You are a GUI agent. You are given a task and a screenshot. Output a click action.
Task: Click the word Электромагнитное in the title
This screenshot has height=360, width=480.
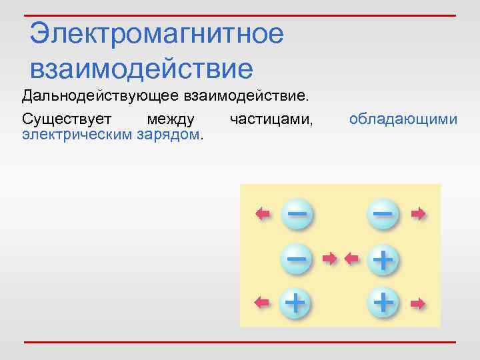pos(157,34)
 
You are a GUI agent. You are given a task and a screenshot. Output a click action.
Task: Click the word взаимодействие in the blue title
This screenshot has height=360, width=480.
pos(141,68)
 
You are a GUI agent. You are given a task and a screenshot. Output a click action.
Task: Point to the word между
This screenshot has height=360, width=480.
pos(171,119)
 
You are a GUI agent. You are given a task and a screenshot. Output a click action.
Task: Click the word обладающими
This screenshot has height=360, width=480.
pos(403,119)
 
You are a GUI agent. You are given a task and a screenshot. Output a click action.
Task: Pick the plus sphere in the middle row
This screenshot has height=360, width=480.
pos(382,258)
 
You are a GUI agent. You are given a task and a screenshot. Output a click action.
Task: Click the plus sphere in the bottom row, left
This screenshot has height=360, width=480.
pos(295,303)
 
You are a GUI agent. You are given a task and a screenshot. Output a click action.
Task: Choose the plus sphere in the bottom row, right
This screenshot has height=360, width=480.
pos(383,303)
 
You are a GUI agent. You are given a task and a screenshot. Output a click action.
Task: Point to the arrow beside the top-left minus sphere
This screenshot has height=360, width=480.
pos(263,213)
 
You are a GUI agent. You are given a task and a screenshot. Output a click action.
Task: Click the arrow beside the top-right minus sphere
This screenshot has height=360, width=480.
pos(418,213)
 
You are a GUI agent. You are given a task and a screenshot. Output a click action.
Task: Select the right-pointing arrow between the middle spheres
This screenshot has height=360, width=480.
pos(329,257)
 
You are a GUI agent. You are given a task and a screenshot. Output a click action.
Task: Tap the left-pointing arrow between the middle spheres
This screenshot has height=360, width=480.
pos(351,257)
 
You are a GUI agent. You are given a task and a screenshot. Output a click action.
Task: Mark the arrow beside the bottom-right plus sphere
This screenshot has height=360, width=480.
pos(418,303)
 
